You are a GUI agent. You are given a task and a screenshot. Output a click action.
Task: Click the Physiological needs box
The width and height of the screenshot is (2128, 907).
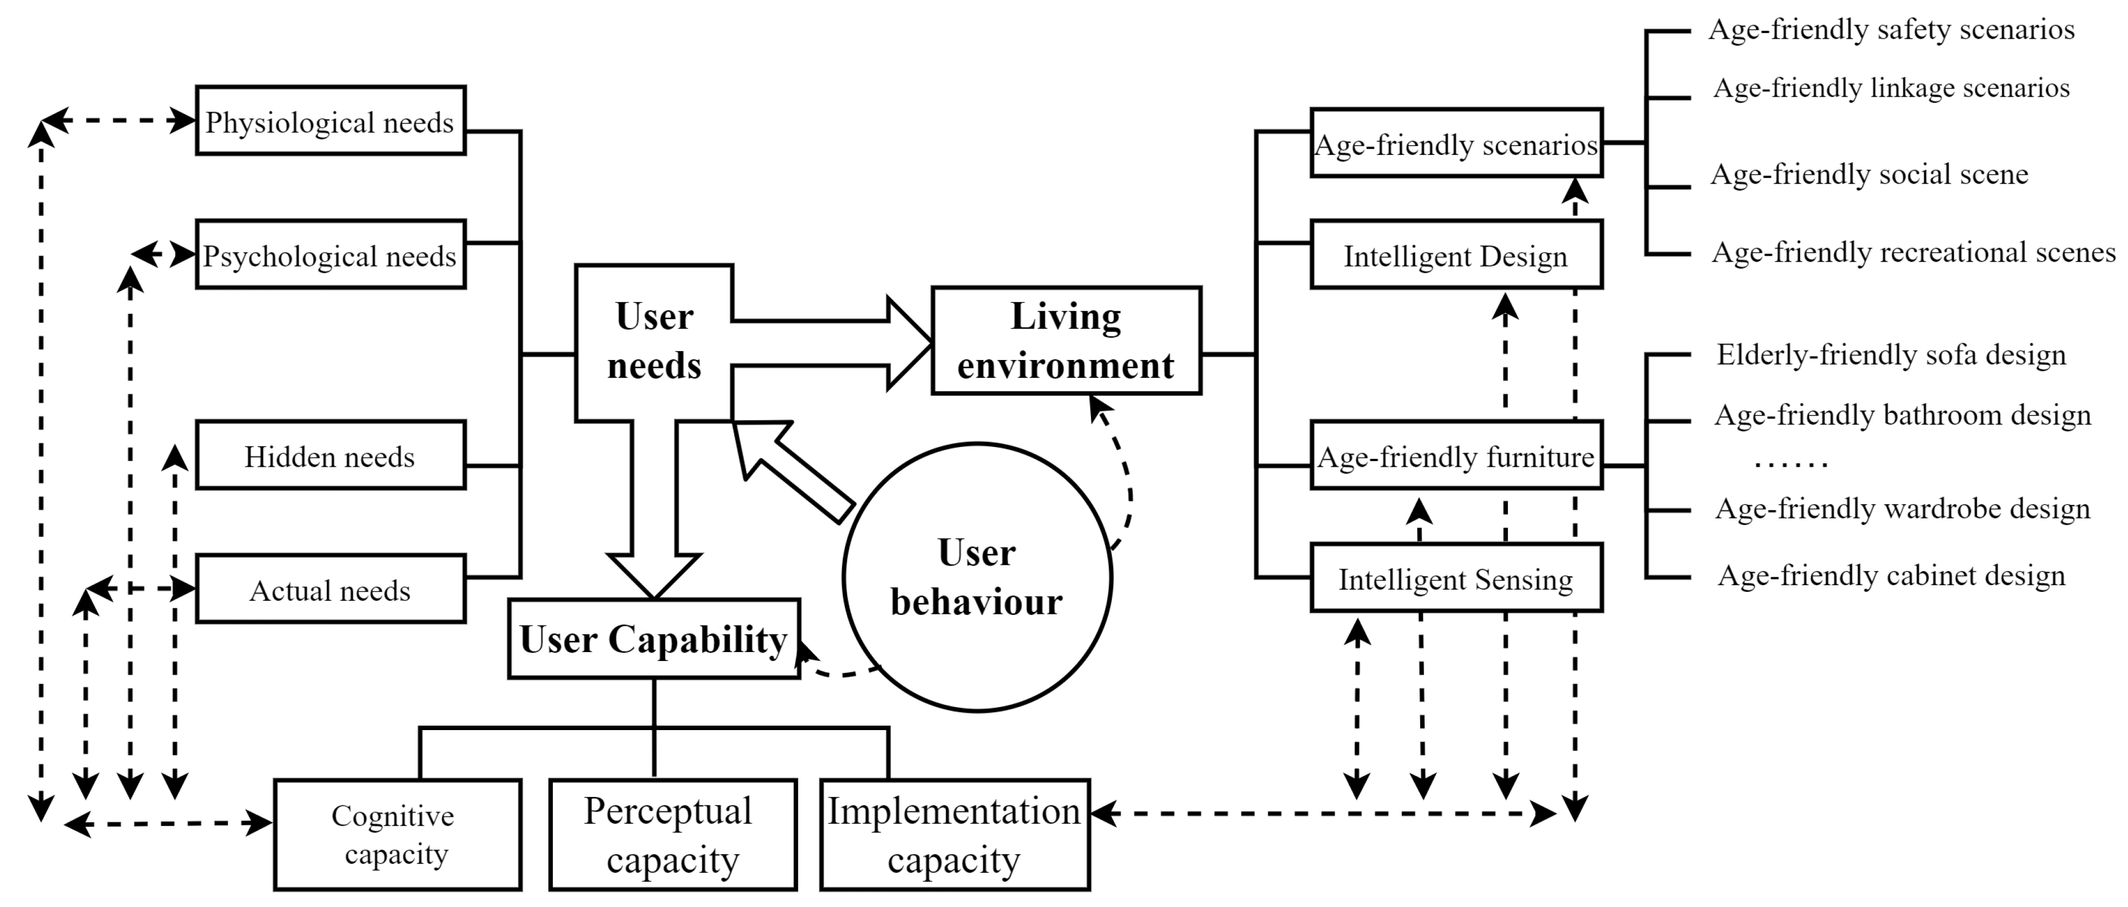(330, 121)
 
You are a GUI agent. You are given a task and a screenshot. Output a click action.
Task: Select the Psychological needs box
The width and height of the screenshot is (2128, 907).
(330, 254)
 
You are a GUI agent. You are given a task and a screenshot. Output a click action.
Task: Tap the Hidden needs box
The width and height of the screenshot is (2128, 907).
(330, 455)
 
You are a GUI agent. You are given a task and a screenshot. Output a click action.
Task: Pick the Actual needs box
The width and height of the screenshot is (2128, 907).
(330, 589)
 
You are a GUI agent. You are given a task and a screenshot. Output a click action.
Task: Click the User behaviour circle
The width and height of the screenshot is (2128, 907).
(977, 577)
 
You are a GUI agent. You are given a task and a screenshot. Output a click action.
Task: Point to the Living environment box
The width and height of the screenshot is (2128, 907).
(1066, 340)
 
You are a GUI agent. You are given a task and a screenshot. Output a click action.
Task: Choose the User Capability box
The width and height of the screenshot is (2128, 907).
(653, 639)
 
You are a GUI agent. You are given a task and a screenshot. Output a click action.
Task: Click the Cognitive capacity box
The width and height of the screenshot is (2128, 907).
(397, 835)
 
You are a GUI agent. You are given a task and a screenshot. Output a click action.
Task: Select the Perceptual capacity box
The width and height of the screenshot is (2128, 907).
(672, 835)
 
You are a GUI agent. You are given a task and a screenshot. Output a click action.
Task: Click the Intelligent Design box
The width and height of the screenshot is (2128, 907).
(1456, 254)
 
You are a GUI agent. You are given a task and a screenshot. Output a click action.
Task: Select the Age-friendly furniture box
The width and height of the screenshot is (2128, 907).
(1456, 455)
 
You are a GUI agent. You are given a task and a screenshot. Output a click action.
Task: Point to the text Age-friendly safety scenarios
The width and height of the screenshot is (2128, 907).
(1891, 30)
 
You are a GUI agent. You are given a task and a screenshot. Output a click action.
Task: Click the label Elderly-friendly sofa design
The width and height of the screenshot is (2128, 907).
(1891, 355)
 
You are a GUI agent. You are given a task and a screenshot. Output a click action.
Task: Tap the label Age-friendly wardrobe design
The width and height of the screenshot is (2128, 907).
(1903, 509)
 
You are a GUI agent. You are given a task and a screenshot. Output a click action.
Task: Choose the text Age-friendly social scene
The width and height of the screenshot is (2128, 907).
(1868, 174)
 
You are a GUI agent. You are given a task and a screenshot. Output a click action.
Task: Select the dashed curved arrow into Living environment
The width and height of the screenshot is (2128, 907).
(1120, 471)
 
